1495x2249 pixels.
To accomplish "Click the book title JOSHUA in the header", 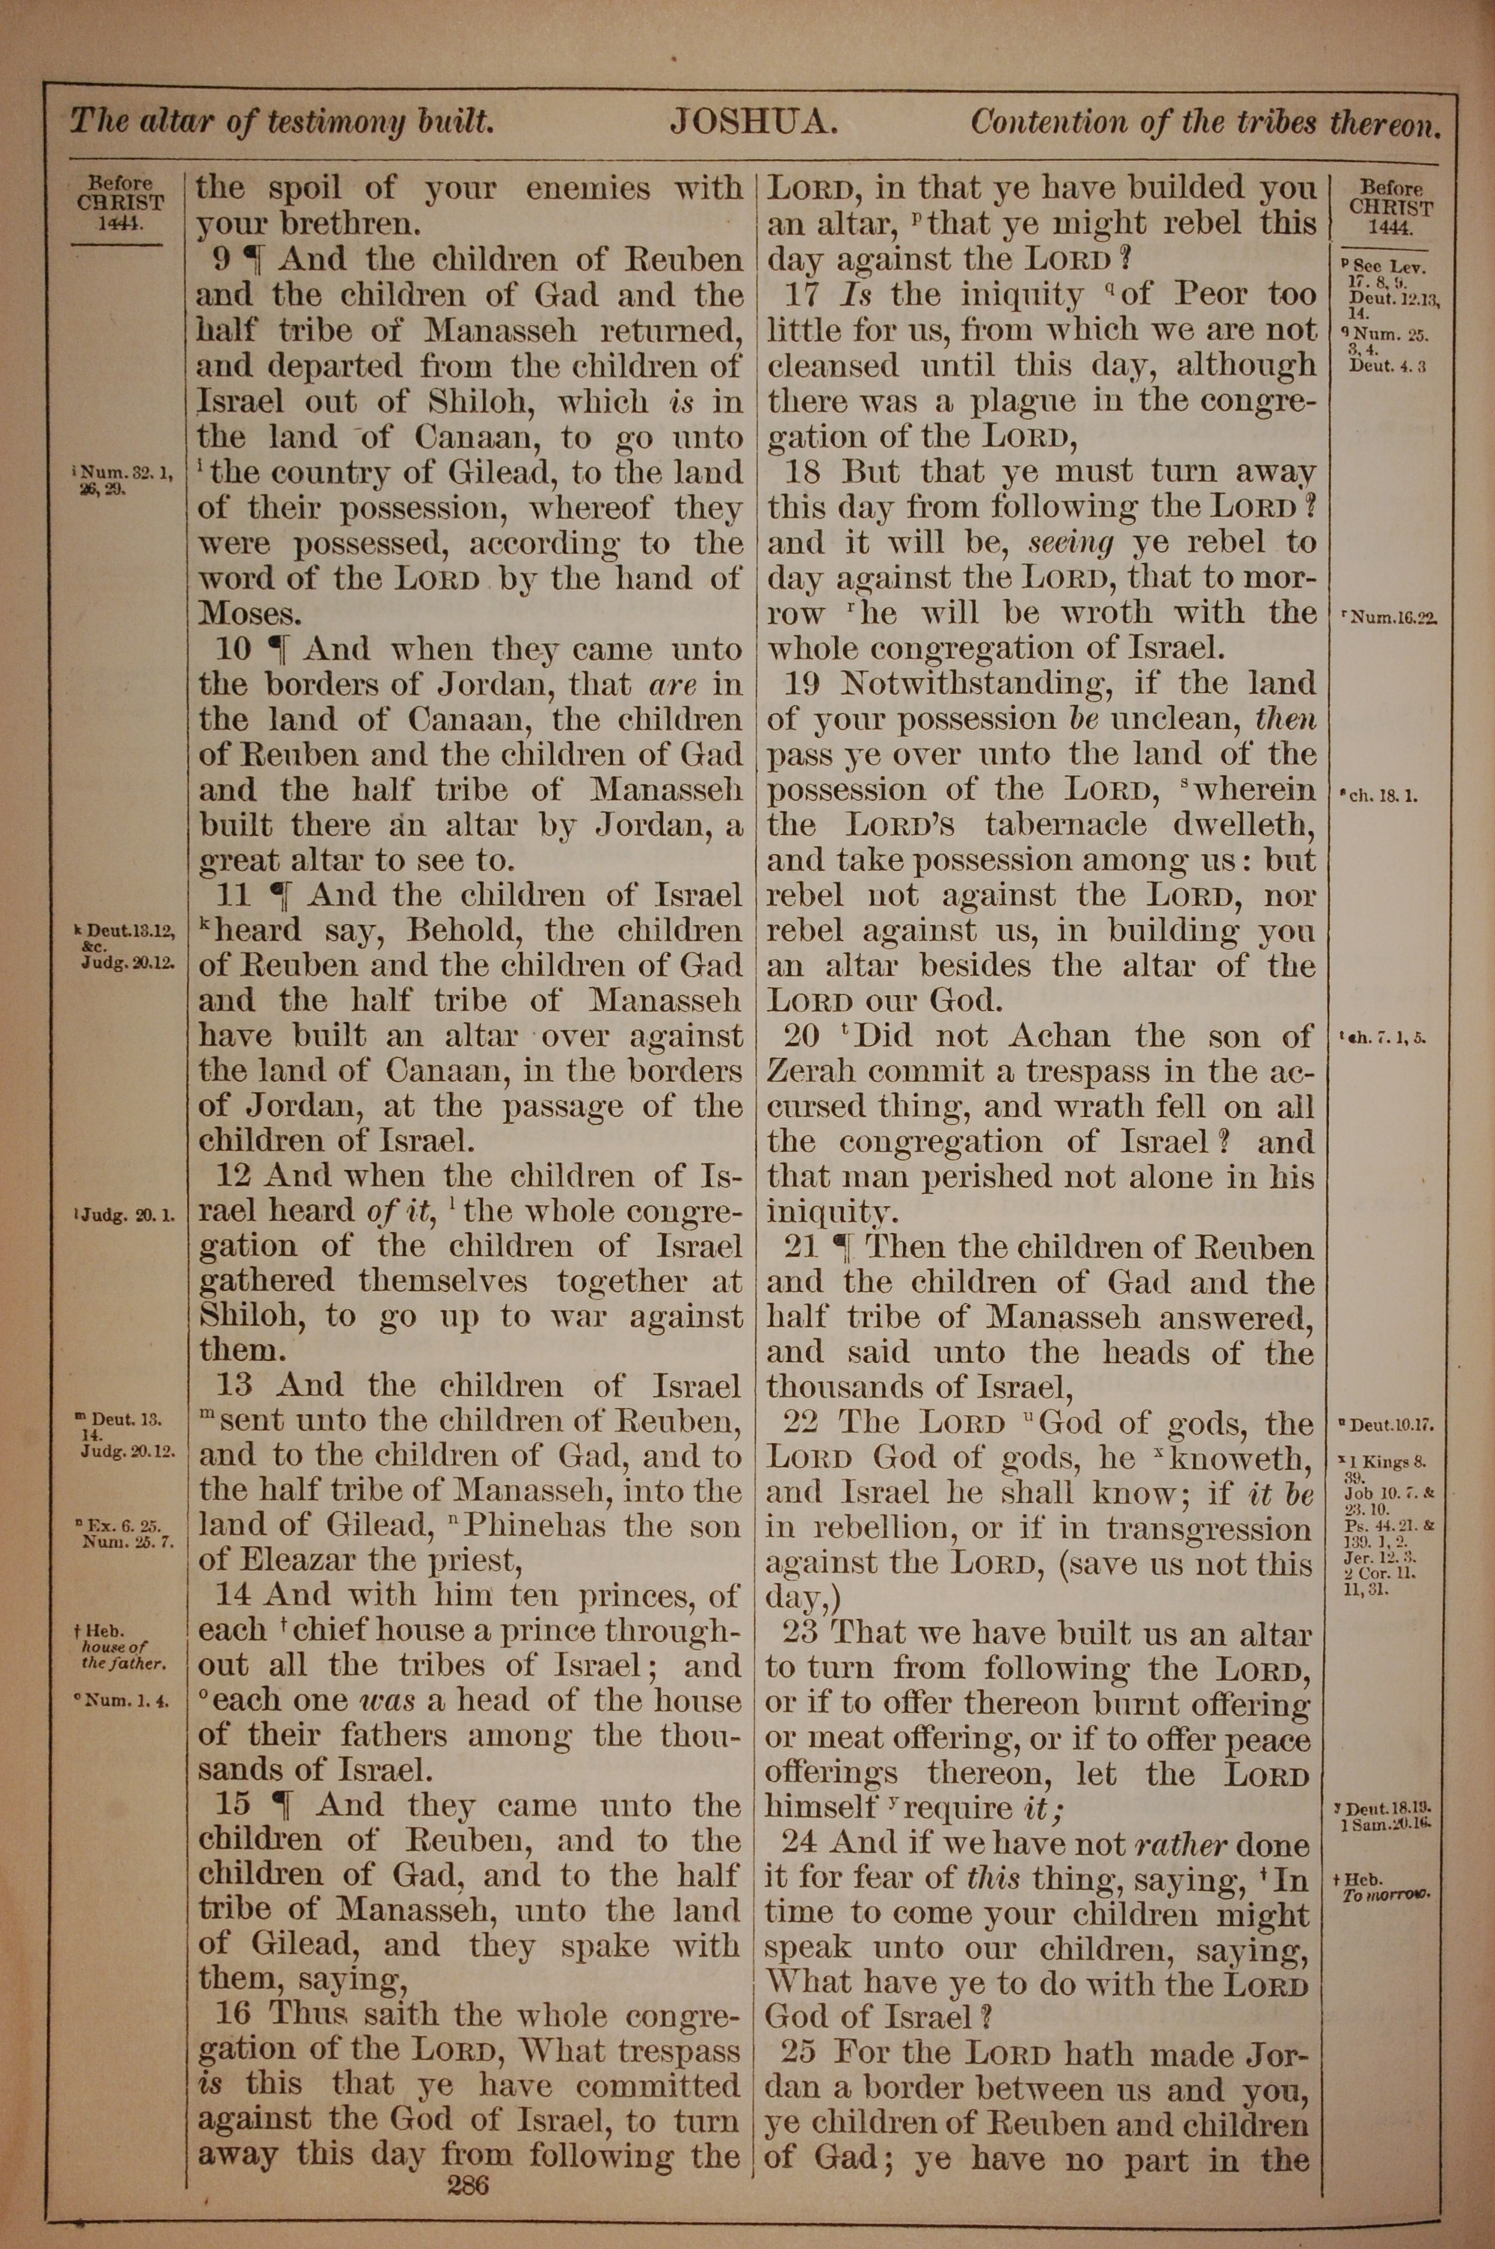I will (x=753, y=121).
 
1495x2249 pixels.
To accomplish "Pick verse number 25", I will (x=800, y=2055).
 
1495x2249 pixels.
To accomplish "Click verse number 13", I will (x=233, y=1387).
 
